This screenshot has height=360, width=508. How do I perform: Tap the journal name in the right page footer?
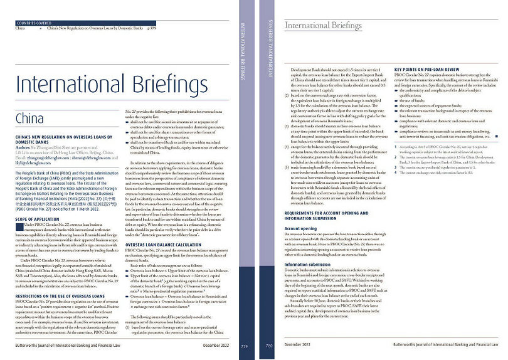coord(446,345)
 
